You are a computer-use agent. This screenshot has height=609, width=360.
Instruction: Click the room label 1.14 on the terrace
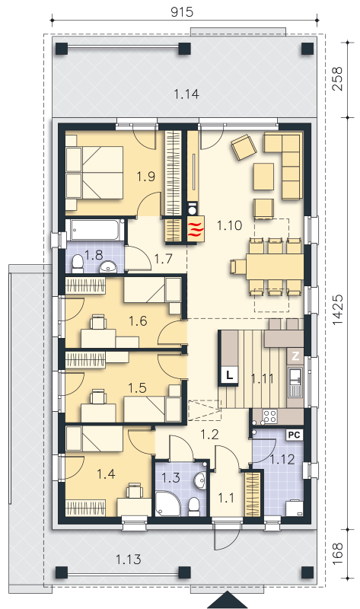tap(186, 94)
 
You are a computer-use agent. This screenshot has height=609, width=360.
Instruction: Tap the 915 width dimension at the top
tap(182, 12)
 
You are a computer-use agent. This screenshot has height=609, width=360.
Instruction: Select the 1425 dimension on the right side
tap(337, 310)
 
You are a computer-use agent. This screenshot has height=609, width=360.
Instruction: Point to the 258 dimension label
tap(337, 79)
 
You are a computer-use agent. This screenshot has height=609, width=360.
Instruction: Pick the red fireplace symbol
tap(196, 230)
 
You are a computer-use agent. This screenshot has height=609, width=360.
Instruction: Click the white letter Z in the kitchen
tap(295, 356)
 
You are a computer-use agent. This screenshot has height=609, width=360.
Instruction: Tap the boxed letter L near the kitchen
tap(230, 376)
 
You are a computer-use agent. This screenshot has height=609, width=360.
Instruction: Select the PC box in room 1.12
tap(294, 435)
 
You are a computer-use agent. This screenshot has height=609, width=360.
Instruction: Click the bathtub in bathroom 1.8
tap(95, 230)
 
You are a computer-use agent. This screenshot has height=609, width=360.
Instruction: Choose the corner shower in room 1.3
tap(167, 504)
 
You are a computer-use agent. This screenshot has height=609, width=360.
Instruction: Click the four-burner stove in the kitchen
tap(269, 416)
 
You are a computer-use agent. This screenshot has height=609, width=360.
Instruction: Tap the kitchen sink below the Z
tap(295, 382)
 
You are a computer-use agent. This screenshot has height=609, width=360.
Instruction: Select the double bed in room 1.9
tap(94, 174)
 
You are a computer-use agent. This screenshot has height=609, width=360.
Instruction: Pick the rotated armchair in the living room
tap(244, 147)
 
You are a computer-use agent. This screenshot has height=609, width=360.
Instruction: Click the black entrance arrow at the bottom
tap(227, 601)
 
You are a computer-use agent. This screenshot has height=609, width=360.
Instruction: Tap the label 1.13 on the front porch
tap(128, 560)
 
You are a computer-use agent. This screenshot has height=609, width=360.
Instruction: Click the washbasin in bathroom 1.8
tap(109, 267)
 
